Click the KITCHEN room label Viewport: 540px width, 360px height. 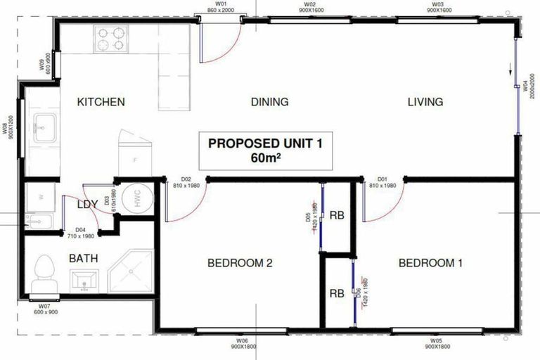[101, 102]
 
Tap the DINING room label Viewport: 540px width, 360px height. [269, 102]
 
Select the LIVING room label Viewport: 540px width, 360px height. [425, 102]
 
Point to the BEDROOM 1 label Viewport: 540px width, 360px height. [430, 264]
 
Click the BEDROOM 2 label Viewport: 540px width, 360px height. [240, 264]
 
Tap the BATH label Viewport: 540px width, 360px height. [83, 259]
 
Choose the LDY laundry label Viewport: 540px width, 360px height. [87, 205]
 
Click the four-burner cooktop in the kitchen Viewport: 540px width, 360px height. [110, 39]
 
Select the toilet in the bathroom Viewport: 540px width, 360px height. [44, 271]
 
